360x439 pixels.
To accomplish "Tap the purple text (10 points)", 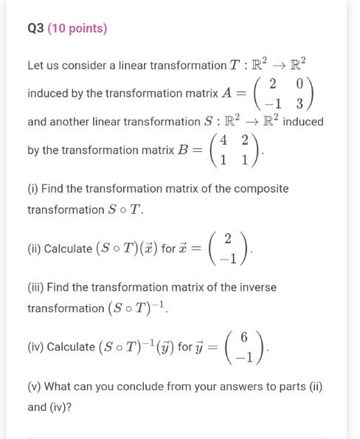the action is click(77, 29).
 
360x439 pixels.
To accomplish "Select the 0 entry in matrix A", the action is click(300, 81).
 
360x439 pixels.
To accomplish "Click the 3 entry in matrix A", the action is click(300, 103).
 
